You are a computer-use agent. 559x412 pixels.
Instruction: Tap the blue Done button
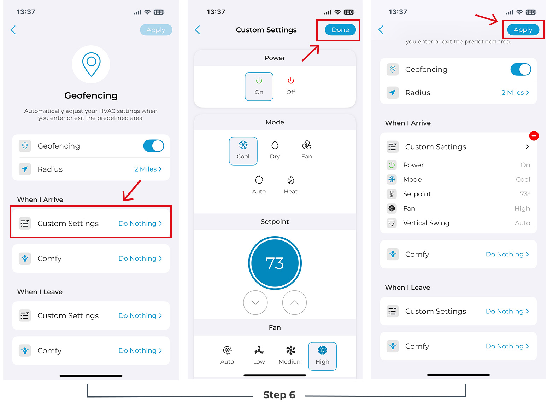340,30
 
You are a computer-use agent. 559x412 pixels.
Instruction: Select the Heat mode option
290,185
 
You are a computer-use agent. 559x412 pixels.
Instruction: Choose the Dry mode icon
275,150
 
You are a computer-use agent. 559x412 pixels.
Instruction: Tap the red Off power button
291,86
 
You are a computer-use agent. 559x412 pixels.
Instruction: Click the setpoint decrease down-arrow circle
255,302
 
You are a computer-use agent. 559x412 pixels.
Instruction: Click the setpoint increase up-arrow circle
294,302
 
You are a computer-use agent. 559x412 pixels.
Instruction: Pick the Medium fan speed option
290,355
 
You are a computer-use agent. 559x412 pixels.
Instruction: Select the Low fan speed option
259,355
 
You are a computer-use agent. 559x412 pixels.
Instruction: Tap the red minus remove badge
534,136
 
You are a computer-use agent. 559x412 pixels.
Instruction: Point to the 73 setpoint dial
275,263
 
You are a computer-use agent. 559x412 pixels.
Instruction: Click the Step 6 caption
279,395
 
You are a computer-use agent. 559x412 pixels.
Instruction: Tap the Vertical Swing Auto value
522,223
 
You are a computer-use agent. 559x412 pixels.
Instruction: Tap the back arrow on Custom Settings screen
198,30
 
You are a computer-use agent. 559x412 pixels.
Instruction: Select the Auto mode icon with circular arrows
259,185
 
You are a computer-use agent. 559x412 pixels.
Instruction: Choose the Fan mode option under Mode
306,150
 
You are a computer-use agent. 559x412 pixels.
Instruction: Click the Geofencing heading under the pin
91,95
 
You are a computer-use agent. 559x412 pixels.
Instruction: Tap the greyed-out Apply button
156,30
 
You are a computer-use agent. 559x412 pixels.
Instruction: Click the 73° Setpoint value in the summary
525,194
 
